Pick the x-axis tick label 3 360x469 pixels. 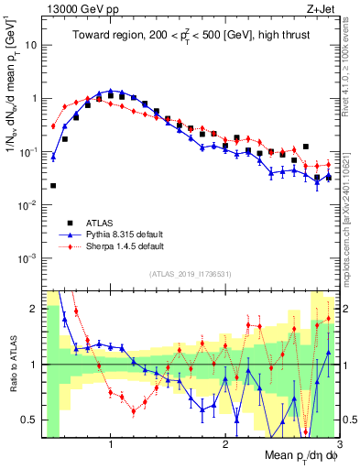pos(338,445)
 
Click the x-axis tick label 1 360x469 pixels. pos(111,445)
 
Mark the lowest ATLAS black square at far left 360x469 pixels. pos(53,186)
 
